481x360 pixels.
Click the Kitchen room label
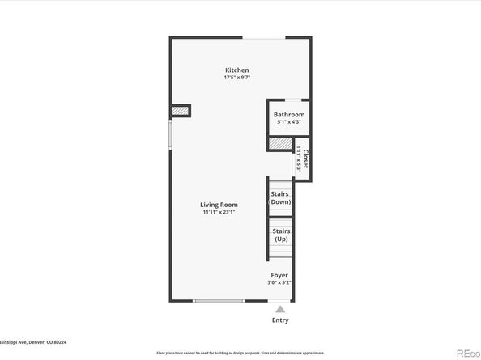pyautogui.click(x=236, y=70)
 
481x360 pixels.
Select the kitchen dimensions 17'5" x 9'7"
pyautogui.click(x=236, y=78)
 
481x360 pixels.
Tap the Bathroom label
pyautogui.click(x=288, y=115)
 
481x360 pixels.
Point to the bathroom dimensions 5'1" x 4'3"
pyautogui.click(x=288, y=122)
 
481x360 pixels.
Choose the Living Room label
pyautogui.click(x=219, y=205)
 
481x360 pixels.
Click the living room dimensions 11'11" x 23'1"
pyautogui.click(x=219, y=212)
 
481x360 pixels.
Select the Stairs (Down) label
pyautogui.click(x=279, y=197)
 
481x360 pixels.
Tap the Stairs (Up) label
pyautogui.click(x=280, y=235)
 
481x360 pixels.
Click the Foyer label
pyautogui.click(x=279, y=275)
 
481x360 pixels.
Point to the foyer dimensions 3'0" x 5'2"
pyautogui.click(x=279, y=282)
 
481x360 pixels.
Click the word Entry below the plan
pyautogui.click(x=279, y=320)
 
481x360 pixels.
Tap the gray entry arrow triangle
pyautogui.click(x=279, y=308)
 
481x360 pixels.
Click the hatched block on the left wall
pyautogui.click(x=179, y=111)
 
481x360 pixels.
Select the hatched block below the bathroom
pyautogui.click(x=279, y=143)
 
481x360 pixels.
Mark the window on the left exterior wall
pyautogui.click(x=170, y=134)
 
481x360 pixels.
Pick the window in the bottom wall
pyautogui.click(x=219, y=301)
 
